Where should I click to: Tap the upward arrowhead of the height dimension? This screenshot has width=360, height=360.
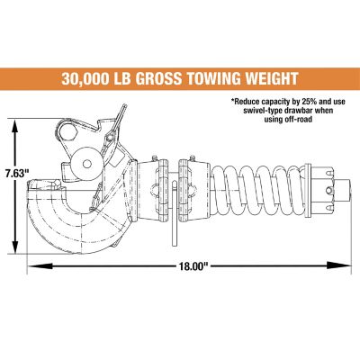click(x=16, y=126)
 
